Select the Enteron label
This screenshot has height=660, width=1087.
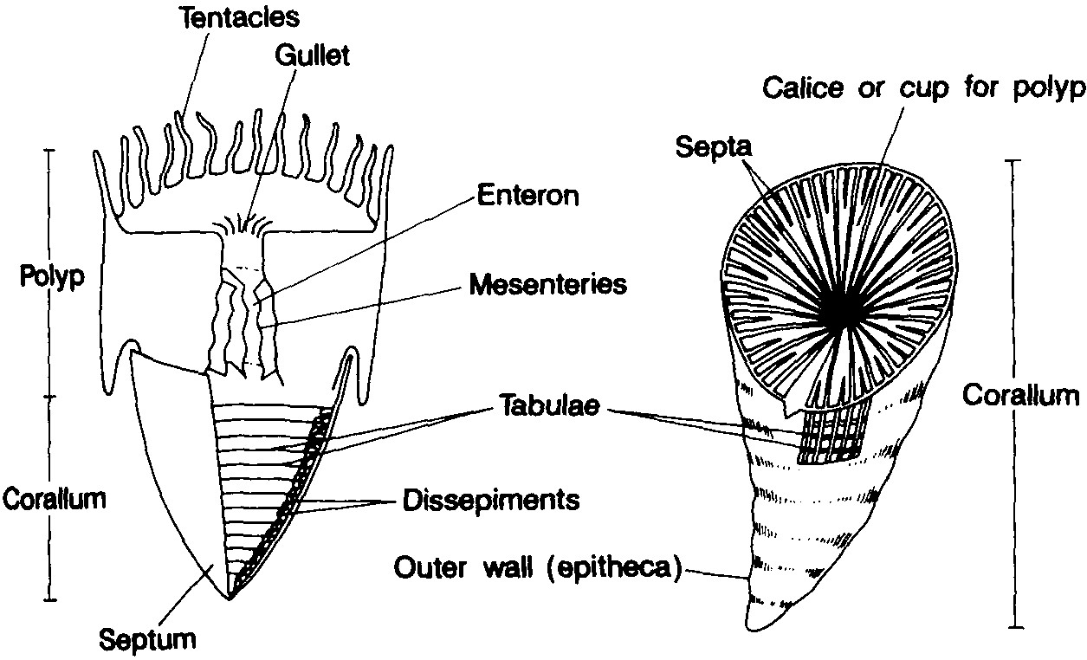(527, 195)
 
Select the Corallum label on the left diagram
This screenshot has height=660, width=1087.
(54, 500)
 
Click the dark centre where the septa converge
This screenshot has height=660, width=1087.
(840, 312)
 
